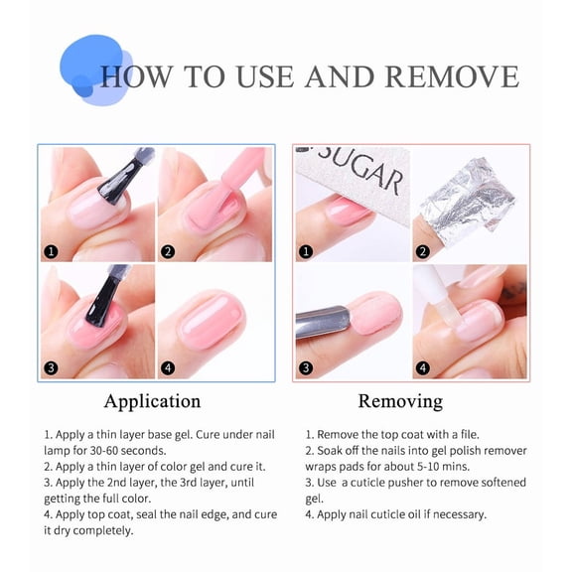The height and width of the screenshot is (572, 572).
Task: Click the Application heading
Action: click(152, 402)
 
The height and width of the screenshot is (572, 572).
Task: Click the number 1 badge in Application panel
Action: click(50, 251)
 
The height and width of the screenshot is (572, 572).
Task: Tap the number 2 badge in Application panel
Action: click(168, 251)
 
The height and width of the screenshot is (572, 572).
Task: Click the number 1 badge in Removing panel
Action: click(306, 251)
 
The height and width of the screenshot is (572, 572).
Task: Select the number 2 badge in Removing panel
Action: click(423, 251)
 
